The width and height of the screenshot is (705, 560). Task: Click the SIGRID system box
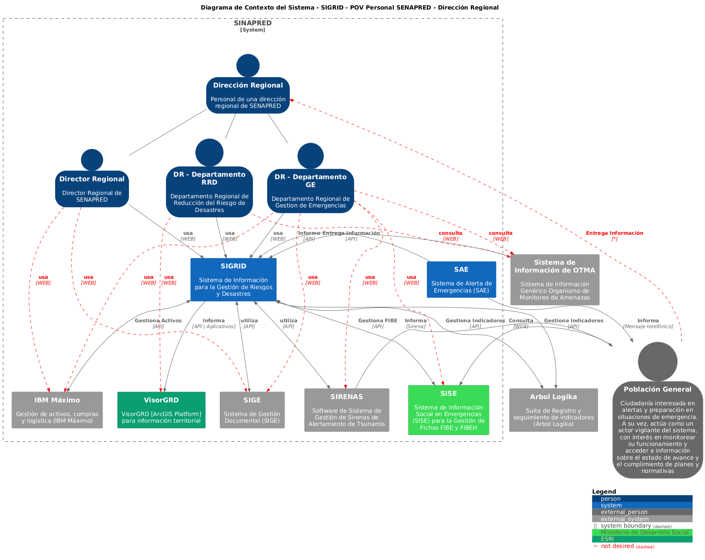tap(233, 280)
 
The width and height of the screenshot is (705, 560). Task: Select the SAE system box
tap(461, 279)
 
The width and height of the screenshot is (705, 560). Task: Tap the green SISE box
tap(449, 410)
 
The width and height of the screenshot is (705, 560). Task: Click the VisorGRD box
tap(161, 410)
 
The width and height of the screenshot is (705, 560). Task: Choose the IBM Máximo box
tap(57, 410)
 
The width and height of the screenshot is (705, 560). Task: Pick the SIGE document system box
tap(252, 410)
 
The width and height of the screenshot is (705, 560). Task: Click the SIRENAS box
tap(347, 410)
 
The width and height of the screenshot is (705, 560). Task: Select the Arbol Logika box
tap(554, 410)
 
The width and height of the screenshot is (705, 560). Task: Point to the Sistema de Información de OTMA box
tap(555, 280)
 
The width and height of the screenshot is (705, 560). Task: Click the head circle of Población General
tap(658, 361)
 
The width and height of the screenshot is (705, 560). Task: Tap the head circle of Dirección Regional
tap(248, 66)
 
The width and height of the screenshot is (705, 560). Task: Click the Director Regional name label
tap(92, 179)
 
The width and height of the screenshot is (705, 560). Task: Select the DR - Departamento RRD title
tap(209, 178)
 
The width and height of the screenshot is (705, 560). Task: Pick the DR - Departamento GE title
tap(311, 180)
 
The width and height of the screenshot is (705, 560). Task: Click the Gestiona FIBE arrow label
tap(378, 321)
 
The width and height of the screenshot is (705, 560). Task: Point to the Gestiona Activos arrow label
tap(158, 321)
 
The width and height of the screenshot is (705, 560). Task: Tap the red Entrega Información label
tap(615, 233)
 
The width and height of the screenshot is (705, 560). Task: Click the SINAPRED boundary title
tap(253, 23)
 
